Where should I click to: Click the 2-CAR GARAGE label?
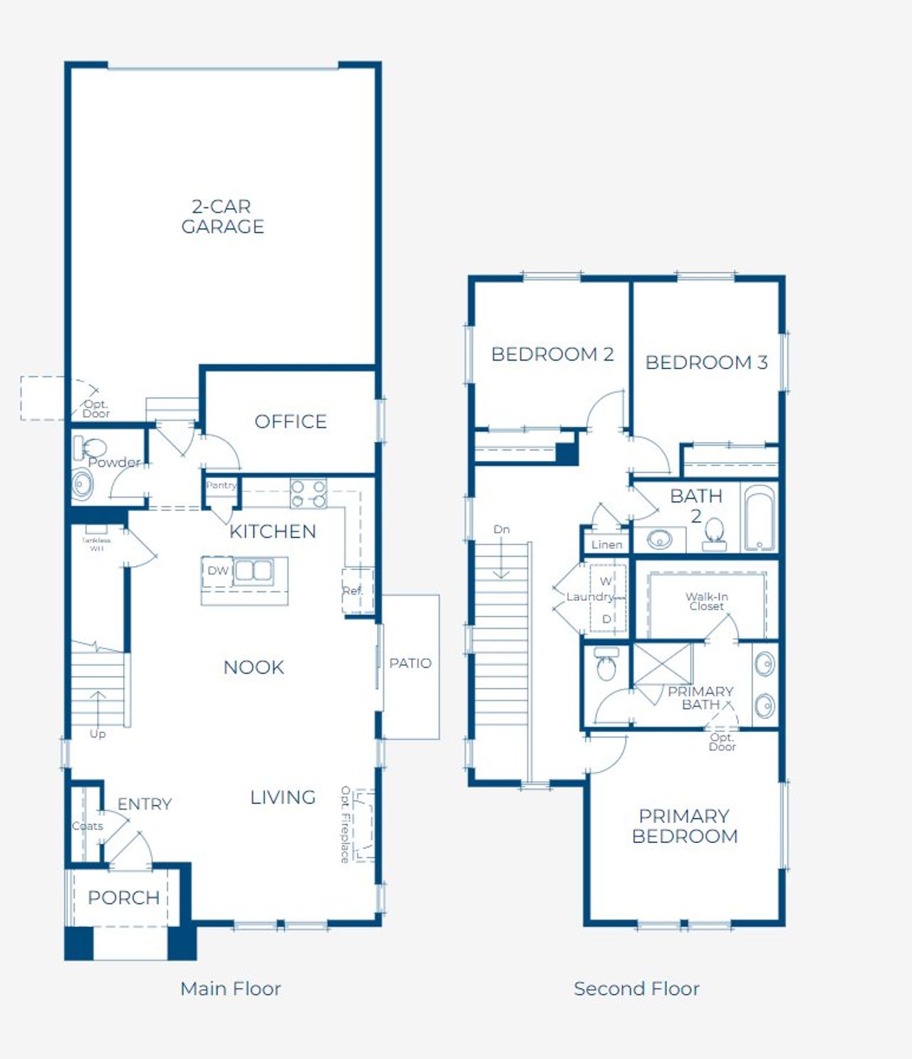click(222, 217)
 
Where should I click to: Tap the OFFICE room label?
click(291, 422)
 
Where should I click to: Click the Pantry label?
click(221, 485)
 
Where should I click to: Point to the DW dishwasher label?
click(217, 571)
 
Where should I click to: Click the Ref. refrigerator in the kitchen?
click(356, 591)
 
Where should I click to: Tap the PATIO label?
click(410, 663)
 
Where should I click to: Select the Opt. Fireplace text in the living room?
click(346, 825)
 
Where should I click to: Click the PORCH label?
click(124, 898)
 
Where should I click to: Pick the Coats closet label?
click(88, 827)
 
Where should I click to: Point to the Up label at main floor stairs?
click(98, 734)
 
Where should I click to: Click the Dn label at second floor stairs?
click(502, 529)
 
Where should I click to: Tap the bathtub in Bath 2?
click(760, 518)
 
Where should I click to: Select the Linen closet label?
click(607, 545)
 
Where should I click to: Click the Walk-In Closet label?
click(706, 601)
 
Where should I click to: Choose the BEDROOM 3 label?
click(706, 363)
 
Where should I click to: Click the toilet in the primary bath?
click(606, 664)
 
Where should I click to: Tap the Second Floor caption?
click(636, 989)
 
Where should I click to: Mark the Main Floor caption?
click(230, 989)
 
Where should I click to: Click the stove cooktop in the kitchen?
click(309, 494)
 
